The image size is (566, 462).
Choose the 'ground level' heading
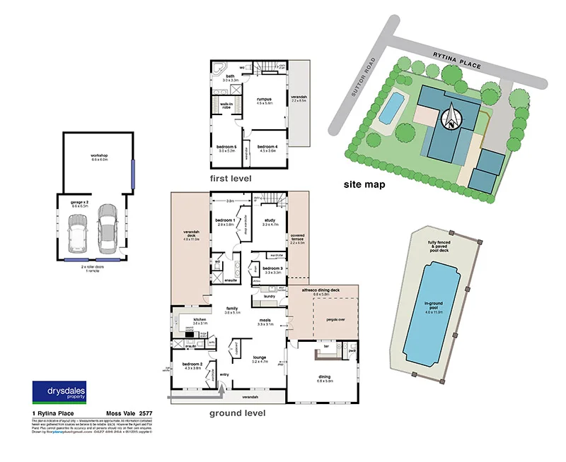[237, 413]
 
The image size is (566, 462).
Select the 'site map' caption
[365, 184]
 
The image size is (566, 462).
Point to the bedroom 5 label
[226, 148]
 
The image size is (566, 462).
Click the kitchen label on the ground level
[199, 321]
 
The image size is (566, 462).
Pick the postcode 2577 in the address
[146, 413]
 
